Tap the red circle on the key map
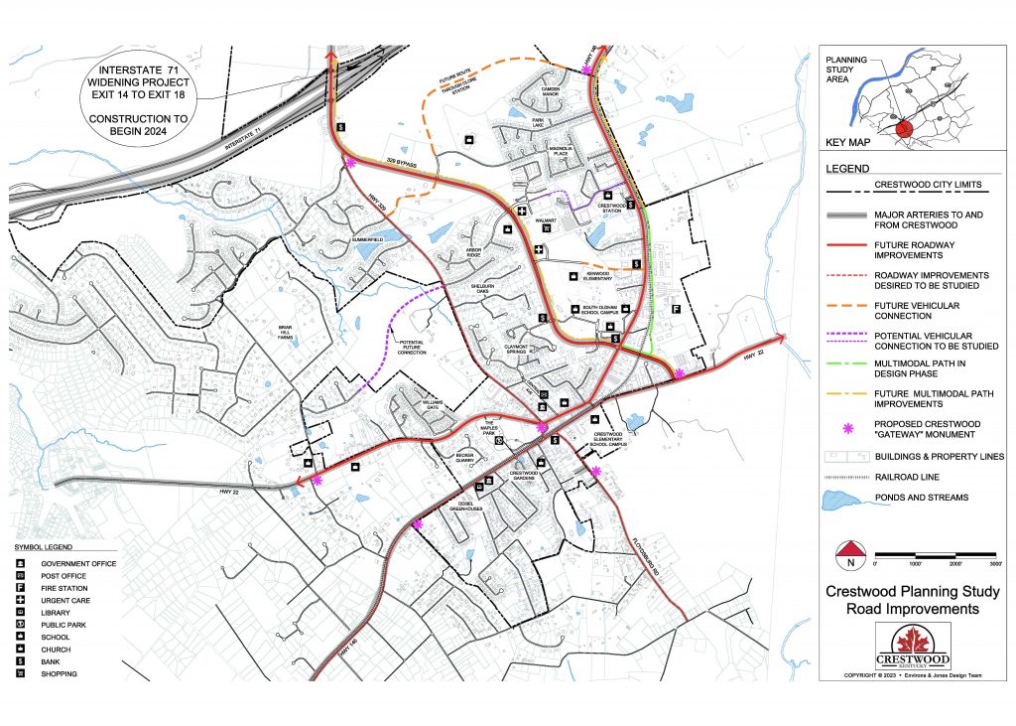[x=903, y=129]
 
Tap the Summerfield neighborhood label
[x=366, y=239]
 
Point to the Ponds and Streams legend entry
[x=921, y=497]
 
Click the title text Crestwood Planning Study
[x=913, y=592]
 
